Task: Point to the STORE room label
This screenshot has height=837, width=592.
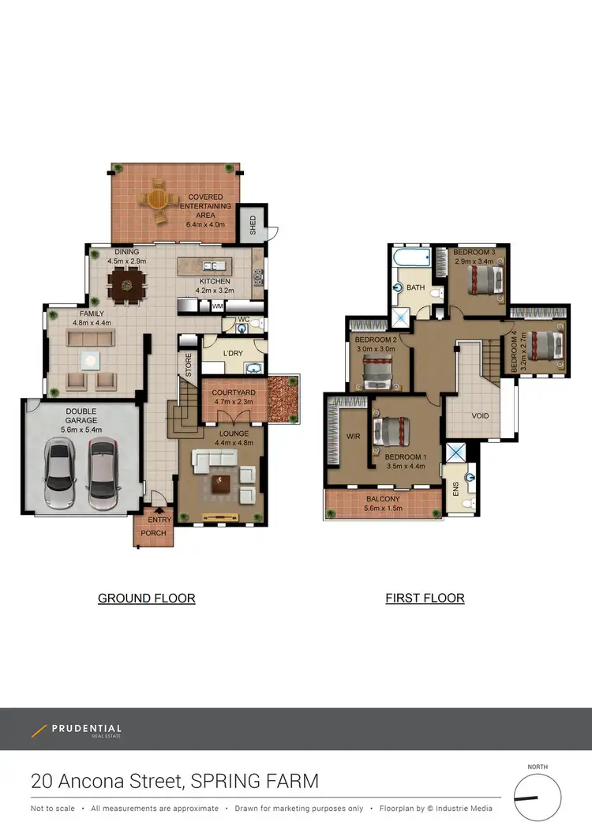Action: (189, 366)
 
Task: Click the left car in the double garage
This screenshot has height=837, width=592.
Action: (60, 473)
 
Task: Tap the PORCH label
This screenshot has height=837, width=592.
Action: (153, 533)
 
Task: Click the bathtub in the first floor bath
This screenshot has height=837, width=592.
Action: (410, 257)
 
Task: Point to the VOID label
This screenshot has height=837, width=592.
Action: (480, 416)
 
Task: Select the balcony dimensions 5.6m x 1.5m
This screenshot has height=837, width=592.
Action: (383, 509)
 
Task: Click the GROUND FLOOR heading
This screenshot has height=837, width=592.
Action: (146, 599)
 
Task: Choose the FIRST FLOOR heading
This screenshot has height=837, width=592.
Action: (425, 599)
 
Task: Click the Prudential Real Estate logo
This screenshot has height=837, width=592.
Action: (77, 730)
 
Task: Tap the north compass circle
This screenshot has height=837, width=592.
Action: (538, 798)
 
